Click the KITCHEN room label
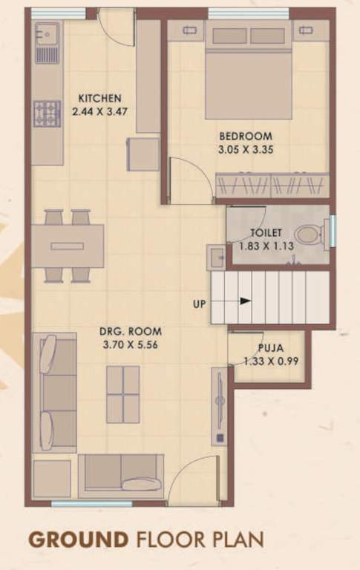point(100,98)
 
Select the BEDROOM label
point(245,137)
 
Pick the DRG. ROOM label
point(131,332)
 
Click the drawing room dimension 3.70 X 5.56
point(131,344)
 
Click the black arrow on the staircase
point(244,301)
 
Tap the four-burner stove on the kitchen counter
point(47,113)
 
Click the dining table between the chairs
point(67,246)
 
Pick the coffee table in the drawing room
point(122,393)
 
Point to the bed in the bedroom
point(248,71)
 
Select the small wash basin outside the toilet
point(216,258)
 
